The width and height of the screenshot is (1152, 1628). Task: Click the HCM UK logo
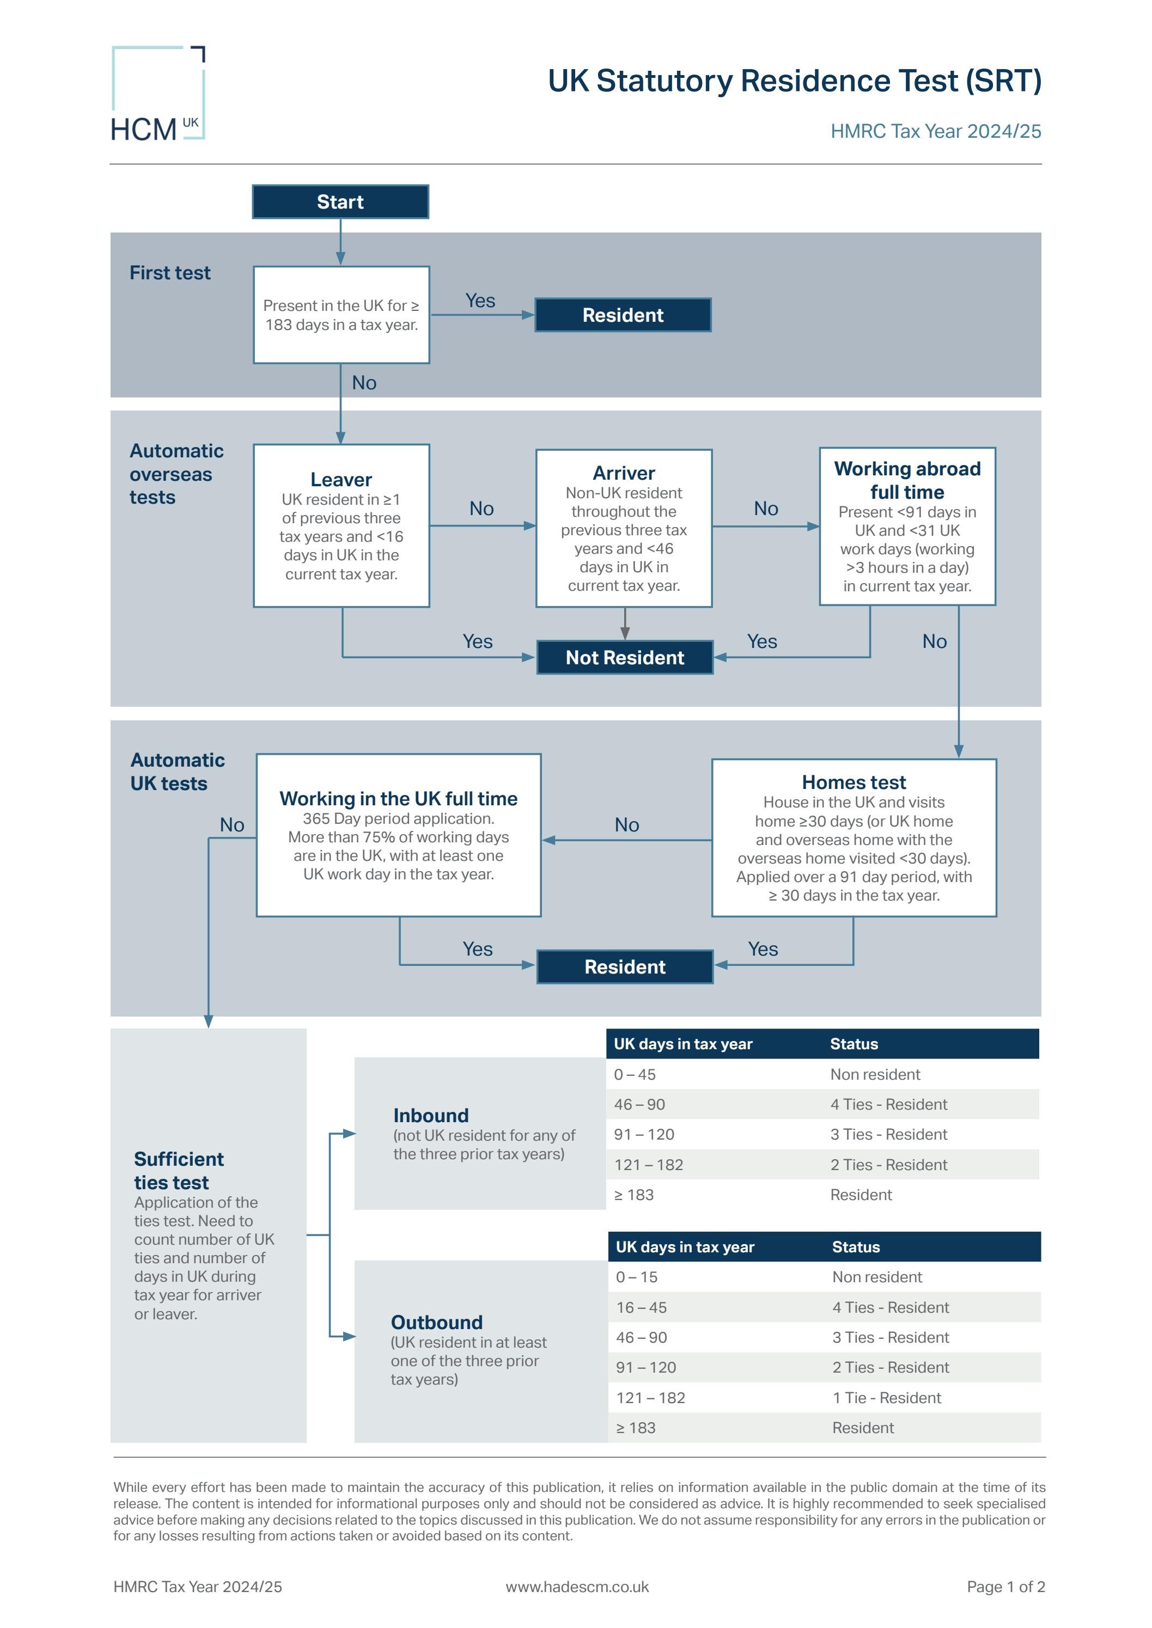pos(157,94)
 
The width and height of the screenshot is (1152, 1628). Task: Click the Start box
pos(340,202)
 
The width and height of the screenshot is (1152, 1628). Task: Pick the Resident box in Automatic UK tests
pos(624,966)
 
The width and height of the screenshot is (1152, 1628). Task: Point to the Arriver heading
pos(624,473)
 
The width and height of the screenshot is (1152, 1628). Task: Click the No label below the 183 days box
pos(364,383)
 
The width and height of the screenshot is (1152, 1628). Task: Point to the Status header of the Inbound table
pos(854,1044)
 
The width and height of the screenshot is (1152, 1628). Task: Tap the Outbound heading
pos(436,1323)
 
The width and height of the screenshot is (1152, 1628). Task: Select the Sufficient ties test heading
pos(178,1171)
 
